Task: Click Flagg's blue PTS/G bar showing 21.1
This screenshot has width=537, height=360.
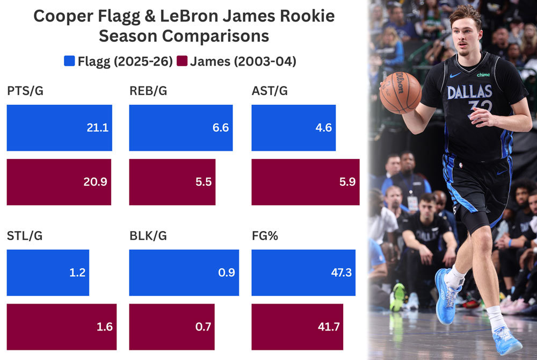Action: point(59,128)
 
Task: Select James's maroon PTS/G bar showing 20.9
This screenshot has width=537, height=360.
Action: point(59,182)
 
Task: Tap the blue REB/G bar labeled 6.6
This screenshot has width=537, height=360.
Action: point(181,128)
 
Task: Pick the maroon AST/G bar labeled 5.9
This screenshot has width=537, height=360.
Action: point(305,182)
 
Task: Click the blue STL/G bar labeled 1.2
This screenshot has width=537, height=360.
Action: point(48,272)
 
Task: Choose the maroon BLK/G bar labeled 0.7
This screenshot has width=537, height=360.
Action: point(172,327)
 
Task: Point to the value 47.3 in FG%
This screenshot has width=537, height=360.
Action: point(342,272)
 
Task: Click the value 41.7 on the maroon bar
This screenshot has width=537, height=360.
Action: point(329,327)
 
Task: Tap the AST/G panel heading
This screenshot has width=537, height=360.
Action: point(270,91)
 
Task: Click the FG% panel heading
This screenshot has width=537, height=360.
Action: point(265,235)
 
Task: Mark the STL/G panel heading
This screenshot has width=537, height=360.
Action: point(25,235)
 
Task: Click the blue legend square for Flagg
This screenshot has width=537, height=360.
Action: point(68,61)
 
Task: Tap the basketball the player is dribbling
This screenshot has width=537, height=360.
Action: point(400,92)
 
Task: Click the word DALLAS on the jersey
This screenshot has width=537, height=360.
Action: point(469,92)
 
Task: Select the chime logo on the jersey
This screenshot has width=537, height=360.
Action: point(483,75)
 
